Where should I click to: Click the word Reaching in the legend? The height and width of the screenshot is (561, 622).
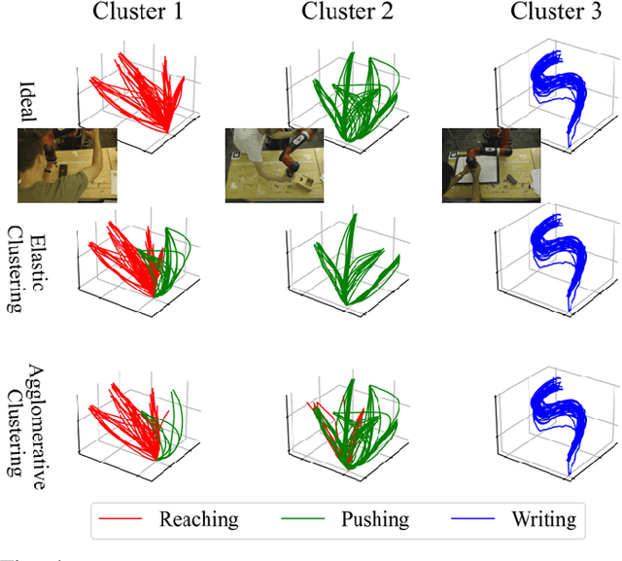[198, 520]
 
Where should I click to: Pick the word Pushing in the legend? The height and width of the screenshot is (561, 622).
[375, 520]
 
